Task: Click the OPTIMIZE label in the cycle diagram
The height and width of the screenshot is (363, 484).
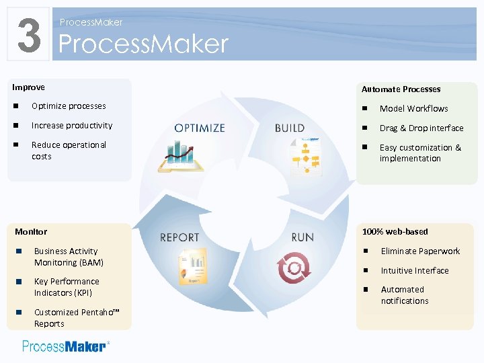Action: (200, 128)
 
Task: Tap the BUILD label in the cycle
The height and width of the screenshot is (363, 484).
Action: (290, 128)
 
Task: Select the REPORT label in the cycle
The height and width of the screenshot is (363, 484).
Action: (179, 237)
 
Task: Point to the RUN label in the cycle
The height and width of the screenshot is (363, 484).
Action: (302, 237)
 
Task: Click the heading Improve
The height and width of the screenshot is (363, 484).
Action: (29, 87)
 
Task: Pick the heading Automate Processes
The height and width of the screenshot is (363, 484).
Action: (401, 89)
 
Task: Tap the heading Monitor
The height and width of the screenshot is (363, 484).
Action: (31, 231)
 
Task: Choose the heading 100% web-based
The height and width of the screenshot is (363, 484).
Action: (395, 231)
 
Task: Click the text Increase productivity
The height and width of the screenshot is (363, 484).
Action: (72, 126)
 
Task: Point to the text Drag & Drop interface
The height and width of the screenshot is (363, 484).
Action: (421, 128)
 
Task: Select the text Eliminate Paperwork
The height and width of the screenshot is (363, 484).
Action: (420, 251)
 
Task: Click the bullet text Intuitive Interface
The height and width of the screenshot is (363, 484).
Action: (415, 270)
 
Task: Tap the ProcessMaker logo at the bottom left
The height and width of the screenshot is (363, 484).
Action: (65, 346)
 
